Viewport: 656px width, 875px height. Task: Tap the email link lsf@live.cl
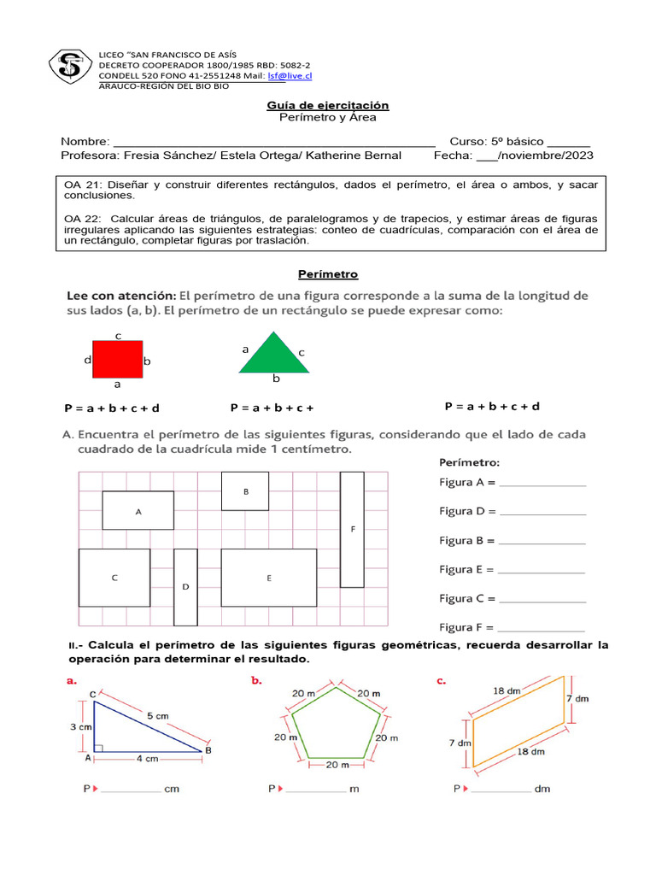[x=290, y=75]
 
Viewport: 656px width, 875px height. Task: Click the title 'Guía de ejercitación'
[x=328, y=105]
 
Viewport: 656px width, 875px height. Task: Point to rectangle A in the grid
[x=138, y=510]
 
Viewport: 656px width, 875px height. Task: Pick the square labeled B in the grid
[x=245, y=491]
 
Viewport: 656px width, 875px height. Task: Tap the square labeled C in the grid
[x=114, y=578]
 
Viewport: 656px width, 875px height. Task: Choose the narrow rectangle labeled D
[x=185, y=587]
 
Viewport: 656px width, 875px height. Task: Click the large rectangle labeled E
[x=268, y=578]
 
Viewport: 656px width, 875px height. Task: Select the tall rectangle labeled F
[x=352, y=530]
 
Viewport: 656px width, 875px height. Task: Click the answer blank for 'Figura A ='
[x=542, y=484]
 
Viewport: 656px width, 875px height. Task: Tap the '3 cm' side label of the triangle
[x=80, y=726]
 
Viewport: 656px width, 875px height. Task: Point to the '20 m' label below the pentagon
[x=335, y=766]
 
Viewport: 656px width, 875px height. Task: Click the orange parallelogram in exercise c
[x=518, y=721]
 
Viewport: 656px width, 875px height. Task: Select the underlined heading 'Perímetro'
[x=328, y=274]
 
